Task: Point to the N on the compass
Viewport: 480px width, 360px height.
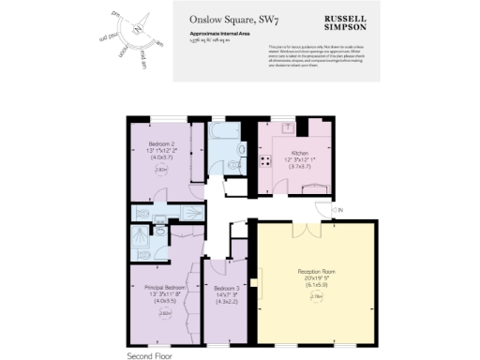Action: point(138,27)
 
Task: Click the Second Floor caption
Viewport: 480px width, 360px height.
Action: point(149,355)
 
